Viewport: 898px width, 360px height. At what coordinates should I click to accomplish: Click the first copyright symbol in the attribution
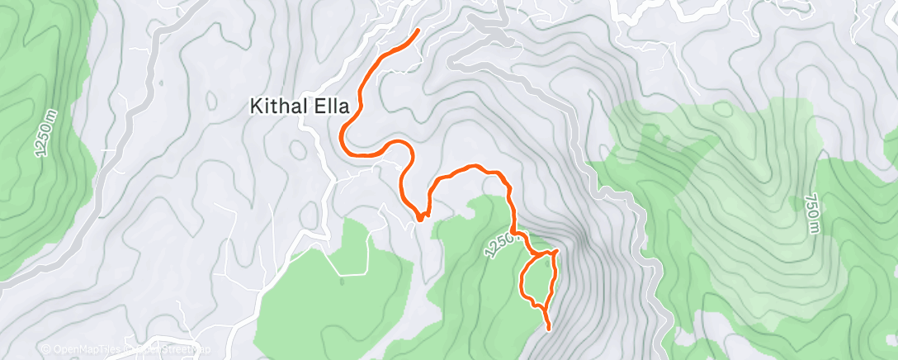click(45, 351)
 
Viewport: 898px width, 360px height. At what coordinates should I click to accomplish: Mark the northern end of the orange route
click(418, 30)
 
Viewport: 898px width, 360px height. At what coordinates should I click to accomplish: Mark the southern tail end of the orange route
click(549, 329)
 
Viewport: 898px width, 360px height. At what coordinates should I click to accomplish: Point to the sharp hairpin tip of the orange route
click(420, 218)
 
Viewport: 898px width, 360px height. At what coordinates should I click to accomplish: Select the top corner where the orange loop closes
click(556, 250)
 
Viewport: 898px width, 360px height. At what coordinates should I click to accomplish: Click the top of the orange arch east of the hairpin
click(472, 167)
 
